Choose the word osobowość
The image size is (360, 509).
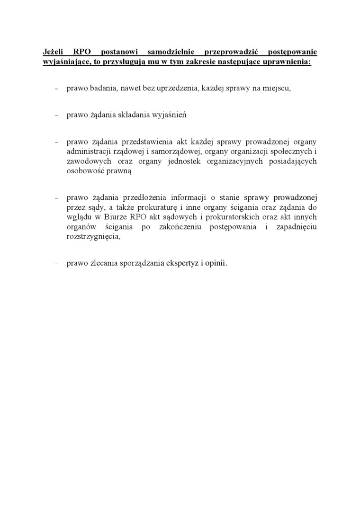[x=86, y=171]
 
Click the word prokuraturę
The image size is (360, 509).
[x=154, y=207]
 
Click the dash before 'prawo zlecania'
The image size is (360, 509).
[x=56, y=264]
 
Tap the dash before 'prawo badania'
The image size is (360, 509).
[x=56, y=89]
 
